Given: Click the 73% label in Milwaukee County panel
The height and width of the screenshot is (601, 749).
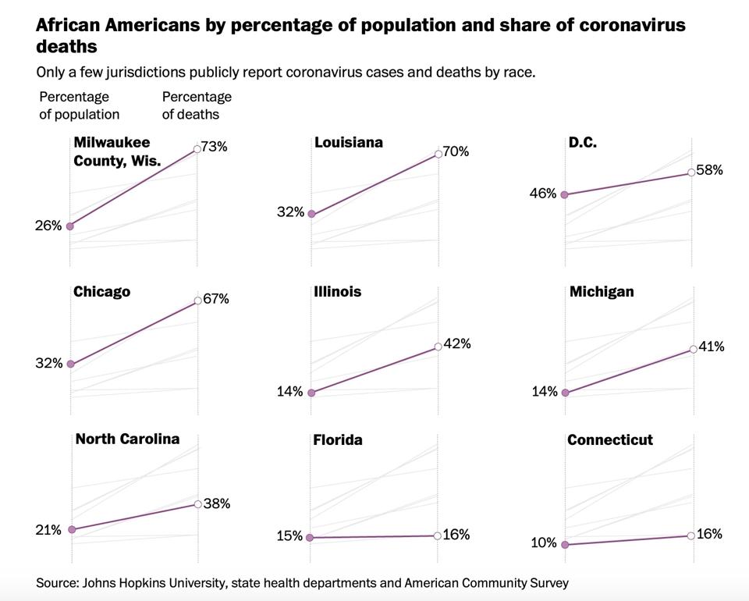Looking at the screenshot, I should (x=214, y=146).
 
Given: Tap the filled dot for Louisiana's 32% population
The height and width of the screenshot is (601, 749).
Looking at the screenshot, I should (x=311, y=214).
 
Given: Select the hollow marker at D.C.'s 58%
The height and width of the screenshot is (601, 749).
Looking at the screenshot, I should (x=691, y=172).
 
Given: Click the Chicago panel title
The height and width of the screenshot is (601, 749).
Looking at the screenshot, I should (x=101, y=292).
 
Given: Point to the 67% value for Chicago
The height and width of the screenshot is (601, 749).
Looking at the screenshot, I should (x=215, y=299).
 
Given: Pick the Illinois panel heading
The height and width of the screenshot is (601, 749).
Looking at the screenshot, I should (x=338, y=292).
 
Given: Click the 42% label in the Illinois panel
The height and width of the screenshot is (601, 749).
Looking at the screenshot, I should (x=457, y=343).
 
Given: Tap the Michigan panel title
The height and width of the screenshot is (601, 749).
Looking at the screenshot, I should (x=602, y=292).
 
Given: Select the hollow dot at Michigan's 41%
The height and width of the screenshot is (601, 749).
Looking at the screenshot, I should (x=693, y=349).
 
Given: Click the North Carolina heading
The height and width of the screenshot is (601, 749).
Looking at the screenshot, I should (x=127, y=439).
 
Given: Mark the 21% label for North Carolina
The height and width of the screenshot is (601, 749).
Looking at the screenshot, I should (x=48, y=530).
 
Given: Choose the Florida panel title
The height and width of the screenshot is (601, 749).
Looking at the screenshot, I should (x=338, y=440).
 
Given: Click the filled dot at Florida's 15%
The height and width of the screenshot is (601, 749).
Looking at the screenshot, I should (x=311, y=538).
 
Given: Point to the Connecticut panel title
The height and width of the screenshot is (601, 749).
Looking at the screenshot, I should (x=610, y=440).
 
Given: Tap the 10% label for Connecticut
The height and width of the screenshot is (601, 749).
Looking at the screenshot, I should (x=544, y=543).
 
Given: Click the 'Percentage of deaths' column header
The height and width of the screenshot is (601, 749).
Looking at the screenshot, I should (x=197, y=105).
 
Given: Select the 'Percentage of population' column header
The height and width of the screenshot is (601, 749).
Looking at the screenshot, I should (x=79, y=105).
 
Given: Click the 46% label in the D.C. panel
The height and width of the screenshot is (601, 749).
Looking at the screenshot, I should (x=544, y=194).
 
